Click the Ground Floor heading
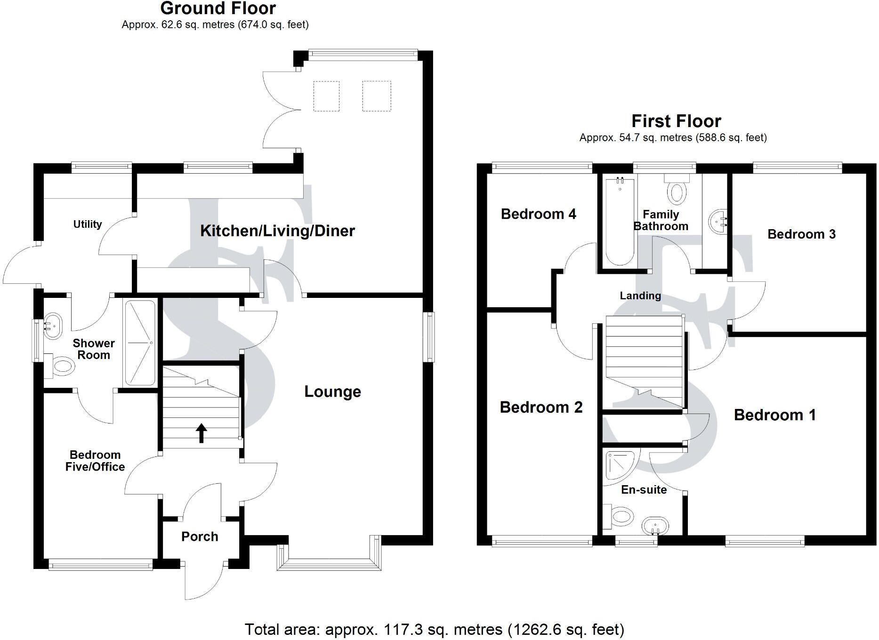tap(218, 8)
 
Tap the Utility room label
tap(88, 224)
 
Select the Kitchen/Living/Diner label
tap(277, 231)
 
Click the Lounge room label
tap(332, 392)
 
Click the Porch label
tap(200, 536)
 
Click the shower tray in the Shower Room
tap(139, 343)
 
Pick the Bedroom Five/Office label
tap(95, 461)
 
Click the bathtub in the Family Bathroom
tap(620, 221)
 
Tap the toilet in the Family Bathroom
tap(677, 190)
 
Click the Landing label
tap(640, 296)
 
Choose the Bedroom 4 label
tap(538, 214)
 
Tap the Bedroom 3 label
tap(801, 234)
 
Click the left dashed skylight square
tap(326, 96)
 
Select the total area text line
tap(434, 629)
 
